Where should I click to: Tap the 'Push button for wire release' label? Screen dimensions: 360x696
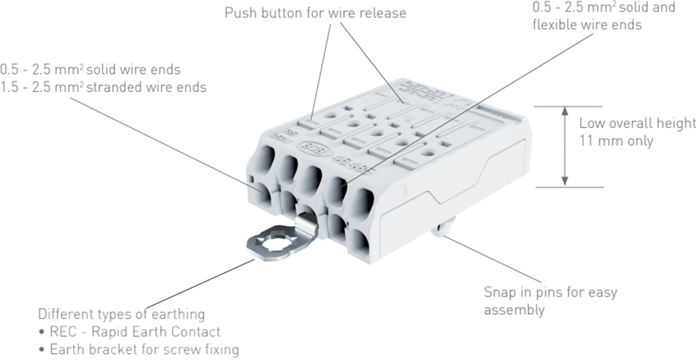point(315,13)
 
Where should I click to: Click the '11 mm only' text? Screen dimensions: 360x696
point(615,140)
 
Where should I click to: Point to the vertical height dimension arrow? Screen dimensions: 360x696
point(565,147)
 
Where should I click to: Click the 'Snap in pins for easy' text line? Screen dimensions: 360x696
point(550,292)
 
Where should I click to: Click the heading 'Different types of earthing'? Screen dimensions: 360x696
point(121,314)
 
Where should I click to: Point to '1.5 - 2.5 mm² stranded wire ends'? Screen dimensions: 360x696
point(103,87)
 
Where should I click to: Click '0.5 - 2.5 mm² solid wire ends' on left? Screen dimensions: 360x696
point(90,69)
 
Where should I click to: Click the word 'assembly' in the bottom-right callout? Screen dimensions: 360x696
point(514,310)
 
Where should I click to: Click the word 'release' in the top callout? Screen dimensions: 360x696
point(383,13)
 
